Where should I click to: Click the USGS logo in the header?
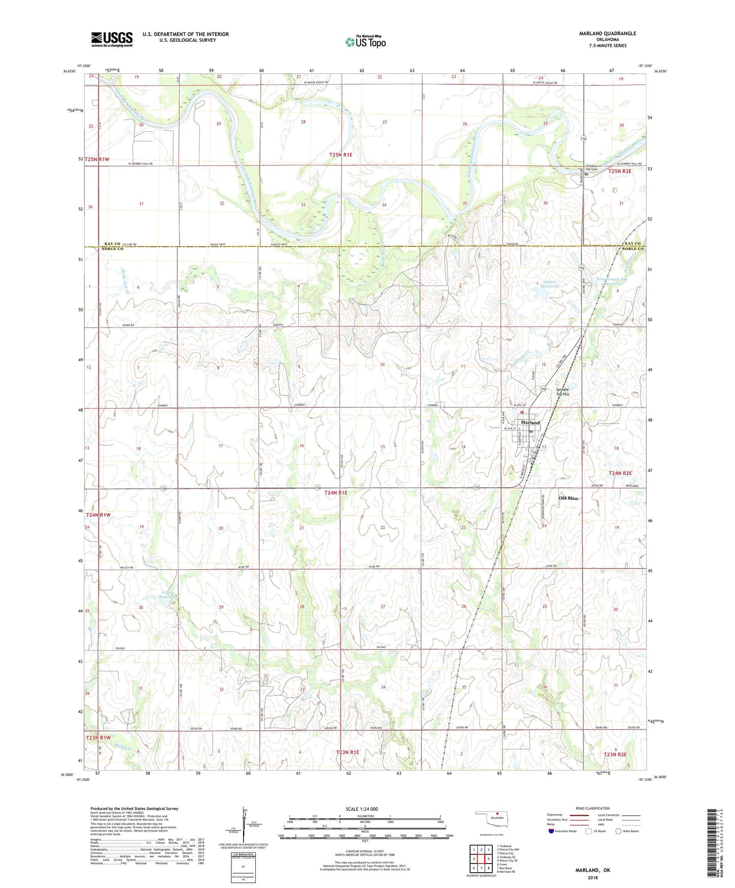(x=112, y=39)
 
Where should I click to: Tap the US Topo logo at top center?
(x=365, y=42)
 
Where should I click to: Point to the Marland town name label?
(x=530, y=423)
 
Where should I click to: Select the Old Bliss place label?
(x=568, y=498)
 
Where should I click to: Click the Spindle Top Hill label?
(x=562, y=392)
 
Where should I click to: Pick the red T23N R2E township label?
(x=615, y=754)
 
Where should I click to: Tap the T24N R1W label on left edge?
(x=98, y=515)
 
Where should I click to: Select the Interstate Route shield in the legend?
(x=551, y=831)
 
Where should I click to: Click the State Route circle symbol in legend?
(x=618, y=831)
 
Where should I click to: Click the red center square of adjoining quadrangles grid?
(x=481, y=859)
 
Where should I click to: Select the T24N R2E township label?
(x=620, y=473)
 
